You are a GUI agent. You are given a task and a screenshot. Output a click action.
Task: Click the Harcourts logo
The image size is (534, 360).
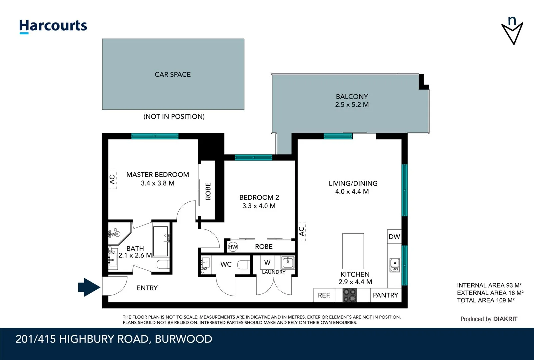click(x=53, y=26)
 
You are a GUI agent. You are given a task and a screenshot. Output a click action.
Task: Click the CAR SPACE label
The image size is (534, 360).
click(x=173, y=74)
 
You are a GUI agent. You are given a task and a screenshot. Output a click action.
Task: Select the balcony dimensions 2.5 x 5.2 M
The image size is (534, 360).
click(x=352, y=105)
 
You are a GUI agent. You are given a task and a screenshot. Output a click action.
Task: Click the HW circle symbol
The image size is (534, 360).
click(x=233, y=247)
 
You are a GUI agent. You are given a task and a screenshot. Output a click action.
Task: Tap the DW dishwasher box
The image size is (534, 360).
click(x=394, y=237)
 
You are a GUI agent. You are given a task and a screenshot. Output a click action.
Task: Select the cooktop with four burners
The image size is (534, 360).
click(x=350, y=295)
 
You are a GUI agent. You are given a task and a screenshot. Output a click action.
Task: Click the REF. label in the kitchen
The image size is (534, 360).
click(x=324, y=295)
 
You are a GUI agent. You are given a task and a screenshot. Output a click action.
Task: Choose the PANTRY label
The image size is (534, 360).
click(x=385, y=295)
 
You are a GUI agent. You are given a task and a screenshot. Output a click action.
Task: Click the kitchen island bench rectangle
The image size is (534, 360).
click(x=353, y=251)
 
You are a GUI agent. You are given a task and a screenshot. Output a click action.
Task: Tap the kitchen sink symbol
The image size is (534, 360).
click(x=395, y=265)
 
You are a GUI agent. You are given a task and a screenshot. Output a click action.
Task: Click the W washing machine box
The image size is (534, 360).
click(x=267, y=262)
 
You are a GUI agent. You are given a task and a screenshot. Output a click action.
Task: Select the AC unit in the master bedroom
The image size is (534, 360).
click(x=113, y=179)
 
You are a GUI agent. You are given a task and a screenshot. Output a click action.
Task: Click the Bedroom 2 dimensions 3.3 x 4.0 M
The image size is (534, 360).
click(x=259, y=206)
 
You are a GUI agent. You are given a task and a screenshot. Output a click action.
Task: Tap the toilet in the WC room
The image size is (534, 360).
click(x=244, y=265)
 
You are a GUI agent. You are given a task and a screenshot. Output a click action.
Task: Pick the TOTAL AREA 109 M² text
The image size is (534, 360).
click(x=486, y=300)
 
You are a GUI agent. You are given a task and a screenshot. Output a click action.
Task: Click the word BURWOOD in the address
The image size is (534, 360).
click(x=183, y=339)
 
